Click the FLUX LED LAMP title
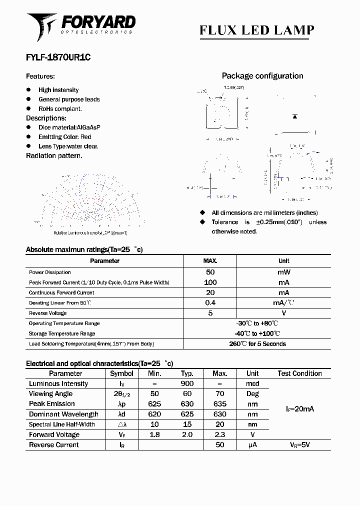[x=256, y=30]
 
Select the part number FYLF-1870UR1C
[x=58, y=57]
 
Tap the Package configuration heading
[x=262, y=76]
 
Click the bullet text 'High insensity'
[x=58, y=90]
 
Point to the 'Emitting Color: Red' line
[x=65, y=137]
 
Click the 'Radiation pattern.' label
[x=54, y=155]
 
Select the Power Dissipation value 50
[x=210, y=272]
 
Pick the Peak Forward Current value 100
[x=210, y=282]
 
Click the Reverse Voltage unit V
[x=283, y=313]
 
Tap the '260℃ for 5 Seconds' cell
[x=257, y=344]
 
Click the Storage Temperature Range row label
[x=62, y=333]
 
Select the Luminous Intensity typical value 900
[x=187, y=384]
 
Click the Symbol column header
[x=121, y=373]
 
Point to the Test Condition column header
[x=299, y=373]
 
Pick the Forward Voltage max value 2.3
[x=219, y=435]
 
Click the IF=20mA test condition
[x=300, y=409]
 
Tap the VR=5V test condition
[x=300, y=445]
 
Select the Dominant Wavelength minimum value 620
[x=154, y=414]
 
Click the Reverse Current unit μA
[x=252, y=445]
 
